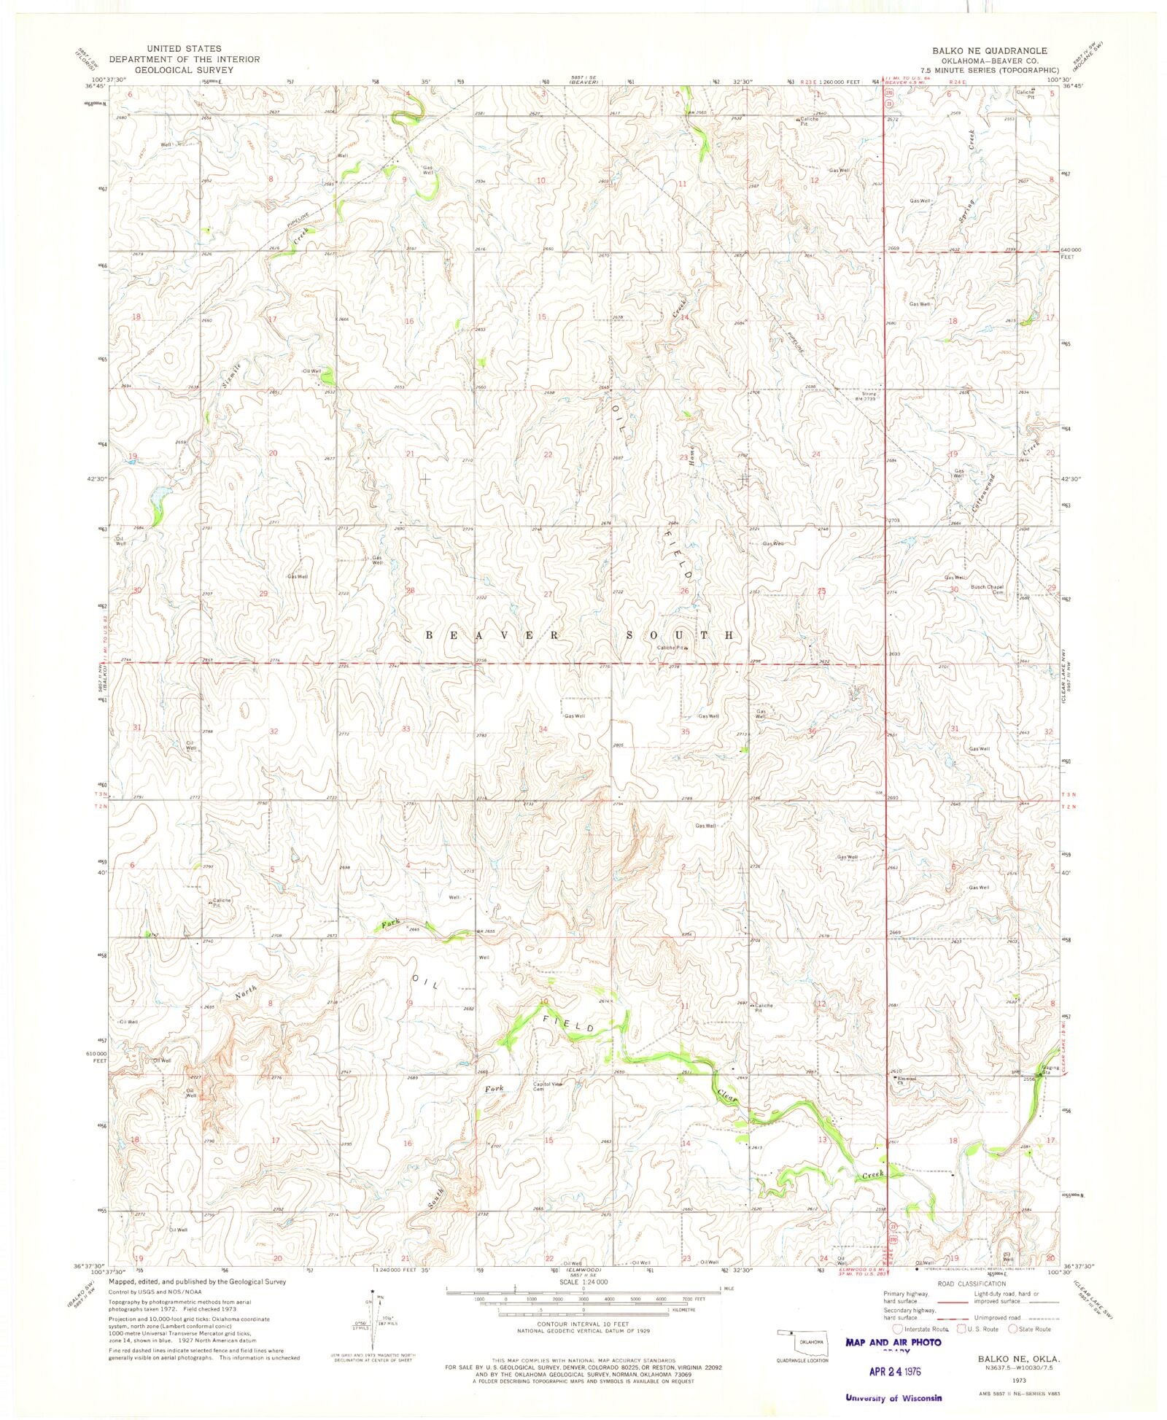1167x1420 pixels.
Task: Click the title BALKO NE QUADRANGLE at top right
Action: pyautogui.click(x=989, y=50)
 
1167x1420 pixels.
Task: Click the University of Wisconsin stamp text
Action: pyautogui.click(x=893, y=1398)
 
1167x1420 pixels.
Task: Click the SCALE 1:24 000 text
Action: pyautogui.click(x=583, y=1281)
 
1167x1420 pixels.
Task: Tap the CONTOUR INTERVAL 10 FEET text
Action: pyautogui.click(x=583, y=1323)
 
